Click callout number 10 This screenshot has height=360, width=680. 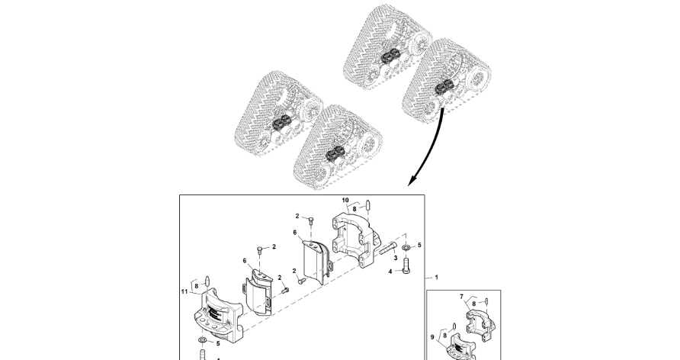coord(345,201)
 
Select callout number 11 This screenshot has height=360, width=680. coord(184,291)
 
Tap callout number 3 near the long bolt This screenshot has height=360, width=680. coord(396,258)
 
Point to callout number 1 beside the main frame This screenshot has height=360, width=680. coord(436,278)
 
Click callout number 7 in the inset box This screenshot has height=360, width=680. coord(461,295)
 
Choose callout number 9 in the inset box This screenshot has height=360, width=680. coord(434,336)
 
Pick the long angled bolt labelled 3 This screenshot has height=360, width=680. coord(386,248)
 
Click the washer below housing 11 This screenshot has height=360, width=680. coord(201,339)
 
